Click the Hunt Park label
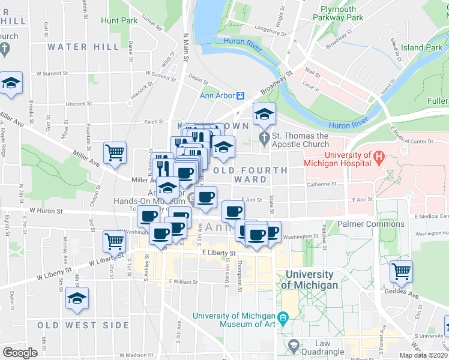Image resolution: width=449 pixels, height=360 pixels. pyautogui.click(x=119, y=20)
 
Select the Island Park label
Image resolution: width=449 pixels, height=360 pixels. pyautogui.click(x=421, y=47)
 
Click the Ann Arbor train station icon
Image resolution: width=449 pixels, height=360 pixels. pyautogui.click(x=240, y=95)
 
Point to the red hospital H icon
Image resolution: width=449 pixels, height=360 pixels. pyautogui.click(x=378, y=158)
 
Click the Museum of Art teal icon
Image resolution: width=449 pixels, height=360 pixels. pyautogui.click(x=284, y=317)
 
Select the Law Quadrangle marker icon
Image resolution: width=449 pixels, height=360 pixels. pyautogui.click(x=293, y=345)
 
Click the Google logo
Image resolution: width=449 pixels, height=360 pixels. pyautogui.click(x=20, y=353)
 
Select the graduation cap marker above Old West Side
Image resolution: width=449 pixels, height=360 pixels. pyautogui.click(x=77, y=298)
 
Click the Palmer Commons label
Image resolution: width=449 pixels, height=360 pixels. pyautogui.click(x=370, y=224)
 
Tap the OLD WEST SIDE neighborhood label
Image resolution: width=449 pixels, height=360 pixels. pyautogui.click(x=83, y=325)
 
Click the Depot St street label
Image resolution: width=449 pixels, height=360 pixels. pyautogui.click(x=197, y=77)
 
